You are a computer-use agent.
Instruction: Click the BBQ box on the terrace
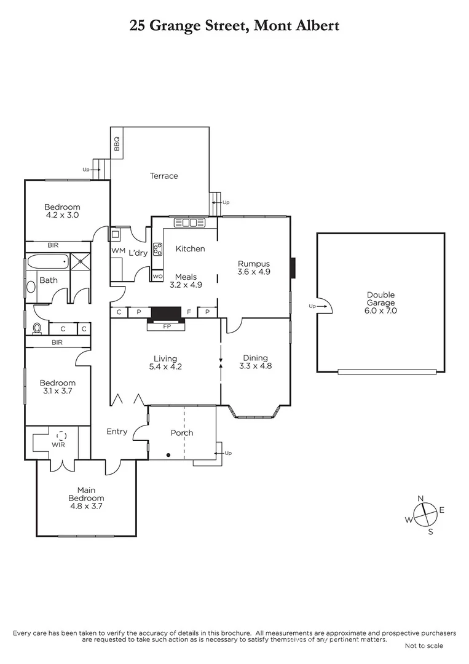tap(117, 143)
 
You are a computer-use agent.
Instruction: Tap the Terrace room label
tap(164, 176)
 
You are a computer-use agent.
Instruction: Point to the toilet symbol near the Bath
tap(37, 328)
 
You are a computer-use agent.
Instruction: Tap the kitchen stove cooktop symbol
tap(157, 249)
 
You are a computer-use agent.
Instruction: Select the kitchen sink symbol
tap(189, 223)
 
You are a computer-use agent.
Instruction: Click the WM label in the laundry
tap(118, 251)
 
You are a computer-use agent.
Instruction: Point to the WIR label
tap(59, 445)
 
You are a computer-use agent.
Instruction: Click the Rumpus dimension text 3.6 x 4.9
tap(254, 271)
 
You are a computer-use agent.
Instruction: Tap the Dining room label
tap(256, 358)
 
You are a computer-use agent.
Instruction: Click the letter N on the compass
tap(421, 499)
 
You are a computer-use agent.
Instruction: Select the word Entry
tap(117, 432)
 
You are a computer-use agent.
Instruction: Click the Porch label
tap(182, 433)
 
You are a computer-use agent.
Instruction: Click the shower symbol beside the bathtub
tap(80, 261)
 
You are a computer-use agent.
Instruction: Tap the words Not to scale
tap(423, 646)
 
